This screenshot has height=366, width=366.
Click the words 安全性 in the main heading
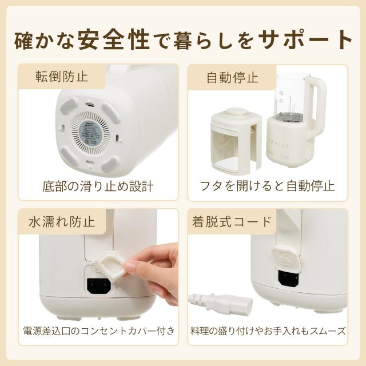point(114,39)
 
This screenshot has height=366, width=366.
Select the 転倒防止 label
point(62,76)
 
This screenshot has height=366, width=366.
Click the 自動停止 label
point(233,78)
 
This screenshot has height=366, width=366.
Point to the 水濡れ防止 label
point(62,221)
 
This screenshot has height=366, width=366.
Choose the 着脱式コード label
point(232,221)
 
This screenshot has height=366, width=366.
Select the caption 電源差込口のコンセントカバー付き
point(99,331)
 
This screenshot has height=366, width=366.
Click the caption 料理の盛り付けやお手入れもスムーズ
point(268,331)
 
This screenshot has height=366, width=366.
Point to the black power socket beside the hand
point(99,286)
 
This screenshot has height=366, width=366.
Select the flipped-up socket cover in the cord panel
point(285,259)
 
